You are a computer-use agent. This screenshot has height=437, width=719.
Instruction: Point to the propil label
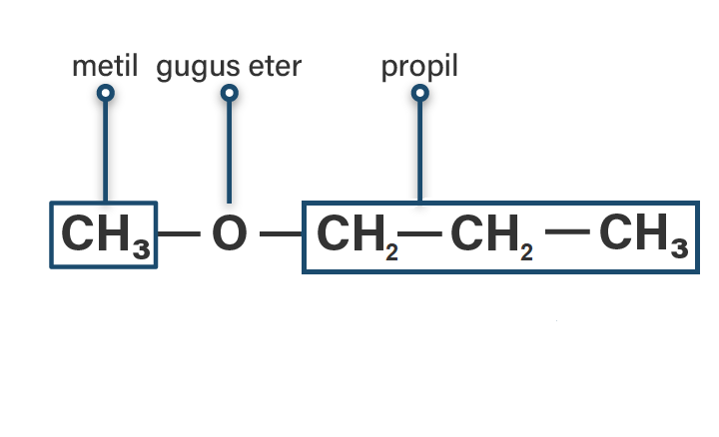(x=419, y=69)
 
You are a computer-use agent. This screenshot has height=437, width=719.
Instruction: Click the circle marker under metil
(x=105, y=94)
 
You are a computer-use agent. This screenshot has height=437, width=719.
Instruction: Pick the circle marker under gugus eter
(x=229, y=94)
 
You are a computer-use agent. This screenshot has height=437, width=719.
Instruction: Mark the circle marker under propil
(x=420, y=94)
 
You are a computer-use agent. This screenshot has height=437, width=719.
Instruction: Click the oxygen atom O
(x=229, y=235)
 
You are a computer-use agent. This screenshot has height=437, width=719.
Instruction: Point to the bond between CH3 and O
(x=180, y=235)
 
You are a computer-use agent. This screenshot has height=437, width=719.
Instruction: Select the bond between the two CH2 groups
(x=423, y=234)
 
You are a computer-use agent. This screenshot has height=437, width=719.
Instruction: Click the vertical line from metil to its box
(x=105, y=150)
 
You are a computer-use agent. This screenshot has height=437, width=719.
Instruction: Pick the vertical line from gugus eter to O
(x=229, y=150)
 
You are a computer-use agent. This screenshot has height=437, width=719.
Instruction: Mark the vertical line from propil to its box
(x=420, y=150)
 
